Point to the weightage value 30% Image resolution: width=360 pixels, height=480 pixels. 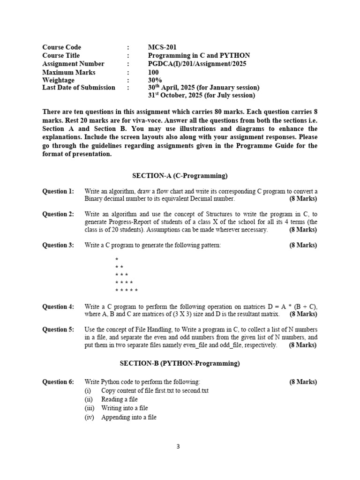(x=154, y=80)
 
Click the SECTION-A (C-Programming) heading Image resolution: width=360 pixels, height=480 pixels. (x=180, y=176)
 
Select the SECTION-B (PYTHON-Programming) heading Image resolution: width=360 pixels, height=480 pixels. (x=180, y=363)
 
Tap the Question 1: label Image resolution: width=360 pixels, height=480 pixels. (x=58, y=191)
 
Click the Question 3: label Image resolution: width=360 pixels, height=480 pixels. (x=58, y=245)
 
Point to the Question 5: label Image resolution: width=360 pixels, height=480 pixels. (x=58, y=330)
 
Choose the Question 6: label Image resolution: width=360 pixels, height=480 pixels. (x=58, y=382)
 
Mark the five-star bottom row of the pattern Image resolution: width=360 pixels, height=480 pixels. (x=127, y=291)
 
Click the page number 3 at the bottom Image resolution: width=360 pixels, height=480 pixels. (x=178, y=447)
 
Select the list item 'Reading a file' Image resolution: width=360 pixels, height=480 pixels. (x=119, y=399)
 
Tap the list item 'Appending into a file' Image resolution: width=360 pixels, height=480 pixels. (x=128, y=417)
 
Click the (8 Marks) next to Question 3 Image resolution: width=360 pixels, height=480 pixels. (x=303, y=245)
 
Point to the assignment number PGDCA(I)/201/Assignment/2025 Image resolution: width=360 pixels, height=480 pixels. (x=196, y=64)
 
